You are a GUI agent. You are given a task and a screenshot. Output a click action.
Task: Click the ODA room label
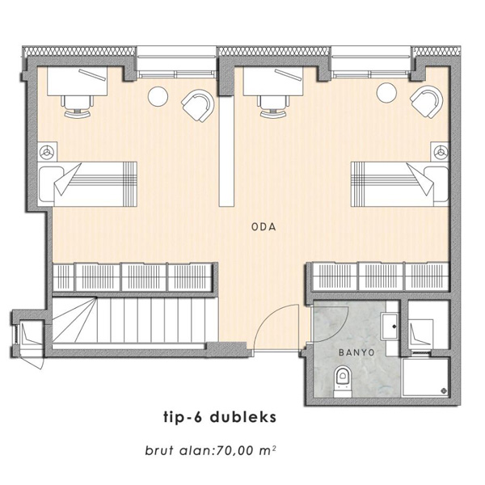pyautogui.click(x=264, y=227)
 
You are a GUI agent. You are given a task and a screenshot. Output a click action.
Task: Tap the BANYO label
pyautogui.click(x=356, y=352)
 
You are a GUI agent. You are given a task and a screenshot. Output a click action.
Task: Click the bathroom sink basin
pyautogui.click(x=390, y=327)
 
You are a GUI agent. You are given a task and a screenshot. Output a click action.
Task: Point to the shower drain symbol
pyautogui.click(x=445, y=390)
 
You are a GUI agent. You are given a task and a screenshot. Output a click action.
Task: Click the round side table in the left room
pyautogui.click(x=158, y=96)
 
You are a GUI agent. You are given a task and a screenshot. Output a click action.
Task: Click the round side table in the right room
pyautogui.click(x=386, y=92)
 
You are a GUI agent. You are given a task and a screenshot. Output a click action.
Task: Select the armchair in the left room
pyautogui.click(x=198, y=105)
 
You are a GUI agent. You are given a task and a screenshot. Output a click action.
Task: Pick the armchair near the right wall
pyautogui.click(x=427, y=102)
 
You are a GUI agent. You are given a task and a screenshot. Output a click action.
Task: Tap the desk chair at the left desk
pyautogui.click(x=78, y=106)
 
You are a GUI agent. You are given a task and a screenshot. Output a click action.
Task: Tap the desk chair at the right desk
pyautogui.click(x=274, y=106)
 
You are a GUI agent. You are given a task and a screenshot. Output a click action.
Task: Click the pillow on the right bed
pyautogui.click(x=436, y=186)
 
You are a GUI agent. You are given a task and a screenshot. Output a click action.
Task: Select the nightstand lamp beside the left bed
pyautogui.click(x=47, y=152)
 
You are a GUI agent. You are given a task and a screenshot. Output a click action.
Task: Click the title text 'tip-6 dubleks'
pyautogui.click(x=220, y=417)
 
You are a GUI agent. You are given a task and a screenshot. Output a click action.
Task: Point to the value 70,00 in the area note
pyautogui.click(x=236, y=451)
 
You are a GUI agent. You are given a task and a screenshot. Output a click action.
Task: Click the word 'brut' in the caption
pyautogui.click(x=159, y=451)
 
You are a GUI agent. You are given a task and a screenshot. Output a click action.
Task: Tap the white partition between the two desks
pyautogui.click(x=226, y=152)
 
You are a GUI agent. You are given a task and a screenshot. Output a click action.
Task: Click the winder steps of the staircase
pyautogui.click(x=74, y=320)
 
